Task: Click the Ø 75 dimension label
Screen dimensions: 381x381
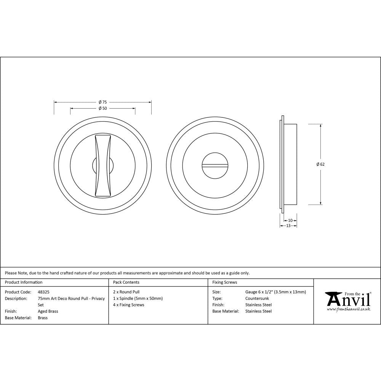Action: click(102, 102)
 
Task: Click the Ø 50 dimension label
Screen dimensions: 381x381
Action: click(102, 108)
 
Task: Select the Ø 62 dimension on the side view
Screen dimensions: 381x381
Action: click(320, 164)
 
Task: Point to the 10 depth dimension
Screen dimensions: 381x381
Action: click(290, 220)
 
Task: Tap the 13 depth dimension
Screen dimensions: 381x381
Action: click(288, 226)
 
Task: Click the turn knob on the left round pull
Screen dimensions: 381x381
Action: click(103, 166)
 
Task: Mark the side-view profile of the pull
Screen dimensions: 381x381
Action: click(289, 164)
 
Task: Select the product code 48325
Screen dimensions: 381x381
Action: click(43, 292)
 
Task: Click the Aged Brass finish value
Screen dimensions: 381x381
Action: click(48, 311)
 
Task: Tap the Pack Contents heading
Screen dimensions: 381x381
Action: click(126, 282)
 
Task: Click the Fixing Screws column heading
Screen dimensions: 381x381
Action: click(224, 282)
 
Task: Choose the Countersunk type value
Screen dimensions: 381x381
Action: click(257, 298)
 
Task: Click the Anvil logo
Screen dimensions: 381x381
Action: click(348, 300)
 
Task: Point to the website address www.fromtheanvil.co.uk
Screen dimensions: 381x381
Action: click(348, 309)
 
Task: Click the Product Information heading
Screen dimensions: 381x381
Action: click(24, 282)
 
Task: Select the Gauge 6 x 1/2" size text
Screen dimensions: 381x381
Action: click(275, 292)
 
